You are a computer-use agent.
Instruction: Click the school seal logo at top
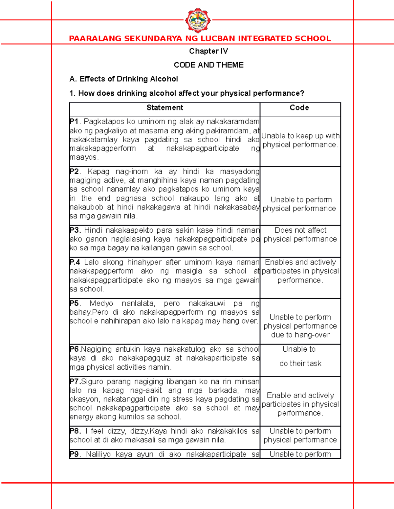(198, 20)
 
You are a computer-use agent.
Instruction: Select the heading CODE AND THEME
(208, 65)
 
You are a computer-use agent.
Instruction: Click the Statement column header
(164, 108)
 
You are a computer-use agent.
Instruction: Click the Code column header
(299, 108)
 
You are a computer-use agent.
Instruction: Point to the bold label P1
(74, 122)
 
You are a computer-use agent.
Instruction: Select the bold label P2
(74, 171)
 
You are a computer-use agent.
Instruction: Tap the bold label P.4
(75, 262)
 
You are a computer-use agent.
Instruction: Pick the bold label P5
(74, 303)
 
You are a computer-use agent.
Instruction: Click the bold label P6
(74, 349)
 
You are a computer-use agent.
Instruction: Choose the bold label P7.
(75, 382)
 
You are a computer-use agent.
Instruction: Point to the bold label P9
(74, 454)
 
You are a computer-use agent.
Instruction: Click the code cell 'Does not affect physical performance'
(300, 235)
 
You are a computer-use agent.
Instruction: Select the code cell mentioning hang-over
(300, 326)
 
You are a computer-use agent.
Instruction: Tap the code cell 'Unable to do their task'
(300, 356)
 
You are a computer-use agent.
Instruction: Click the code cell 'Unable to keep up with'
(300, 140)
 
